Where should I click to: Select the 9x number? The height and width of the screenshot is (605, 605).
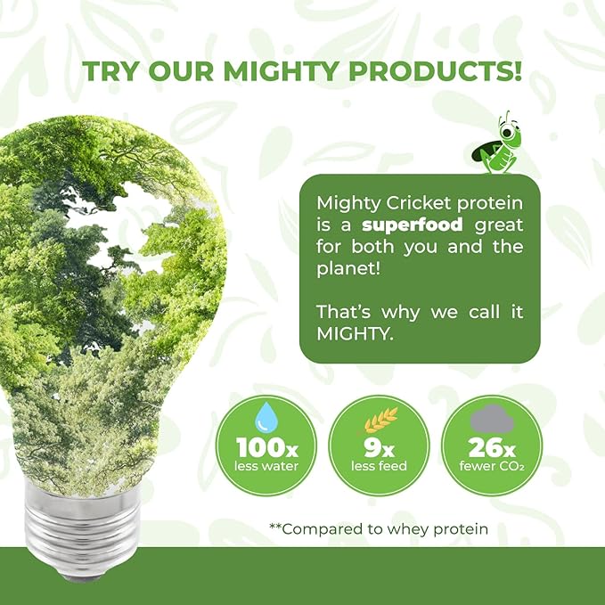click(x=378, y=446)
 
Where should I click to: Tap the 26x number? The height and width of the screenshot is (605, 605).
click(x=491, y=446)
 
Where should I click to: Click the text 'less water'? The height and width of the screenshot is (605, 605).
click(x=266, y=465)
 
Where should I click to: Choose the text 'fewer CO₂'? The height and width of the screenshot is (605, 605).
click(x=491, y=465)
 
